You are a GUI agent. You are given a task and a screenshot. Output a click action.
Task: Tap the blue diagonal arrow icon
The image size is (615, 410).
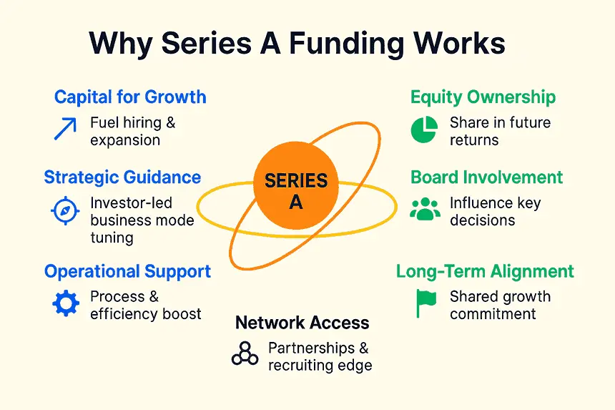(x=65, y=130)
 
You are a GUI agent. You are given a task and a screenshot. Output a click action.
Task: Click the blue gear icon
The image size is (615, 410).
(x=66, y=303)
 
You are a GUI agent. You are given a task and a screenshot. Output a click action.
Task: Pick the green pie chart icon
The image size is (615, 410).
(x=424, y=130)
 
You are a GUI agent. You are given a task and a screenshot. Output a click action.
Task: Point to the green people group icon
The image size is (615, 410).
(x=425, y=210)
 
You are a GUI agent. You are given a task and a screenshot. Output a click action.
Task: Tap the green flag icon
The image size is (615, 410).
(x=426, y=303)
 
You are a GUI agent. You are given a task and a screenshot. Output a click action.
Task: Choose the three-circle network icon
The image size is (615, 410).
(x=245, y=354)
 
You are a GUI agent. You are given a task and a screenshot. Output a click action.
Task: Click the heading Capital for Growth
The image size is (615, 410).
(x=130, y=97)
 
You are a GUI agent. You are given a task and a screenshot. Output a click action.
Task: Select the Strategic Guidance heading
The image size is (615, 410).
(x=122, y=177)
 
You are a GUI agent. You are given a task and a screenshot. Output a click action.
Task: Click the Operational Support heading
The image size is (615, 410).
(x=127, y=272)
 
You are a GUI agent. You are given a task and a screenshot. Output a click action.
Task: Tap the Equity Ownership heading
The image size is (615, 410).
(x=483, y=97)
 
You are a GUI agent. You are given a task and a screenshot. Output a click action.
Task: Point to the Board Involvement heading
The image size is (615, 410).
(x=486, y=177)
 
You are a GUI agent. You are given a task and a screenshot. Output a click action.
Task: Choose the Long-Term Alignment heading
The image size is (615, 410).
(x=485, y=272)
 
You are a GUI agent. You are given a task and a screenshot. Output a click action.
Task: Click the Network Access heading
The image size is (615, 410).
(x=302, y=323)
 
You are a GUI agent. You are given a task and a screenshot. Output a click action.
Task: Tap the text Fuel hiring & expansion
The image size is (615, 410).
(x=132, y=131)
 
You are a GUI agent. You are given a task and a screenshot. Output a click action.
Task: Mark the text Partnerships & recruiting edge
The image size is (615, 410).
(x=319, y=356)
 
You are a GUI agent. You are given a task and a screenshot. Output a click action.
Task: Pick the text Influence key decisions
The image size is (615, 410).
(x=495, y=211)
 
